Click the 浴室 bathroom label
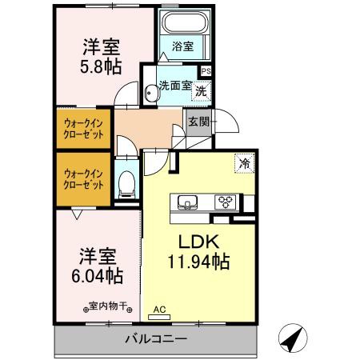click(x=182, y=47)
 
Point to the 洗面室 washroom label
click(x=174, y=85)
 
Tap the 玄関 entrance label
click(x=198, y=122)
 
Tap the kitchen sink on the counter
click(x=186, y=202)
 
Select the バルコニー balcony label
click(x=156, y=339)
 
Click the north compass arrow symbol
click(x=293, y=338)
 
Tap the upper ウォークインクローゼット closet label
click(x=84, y=130)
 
